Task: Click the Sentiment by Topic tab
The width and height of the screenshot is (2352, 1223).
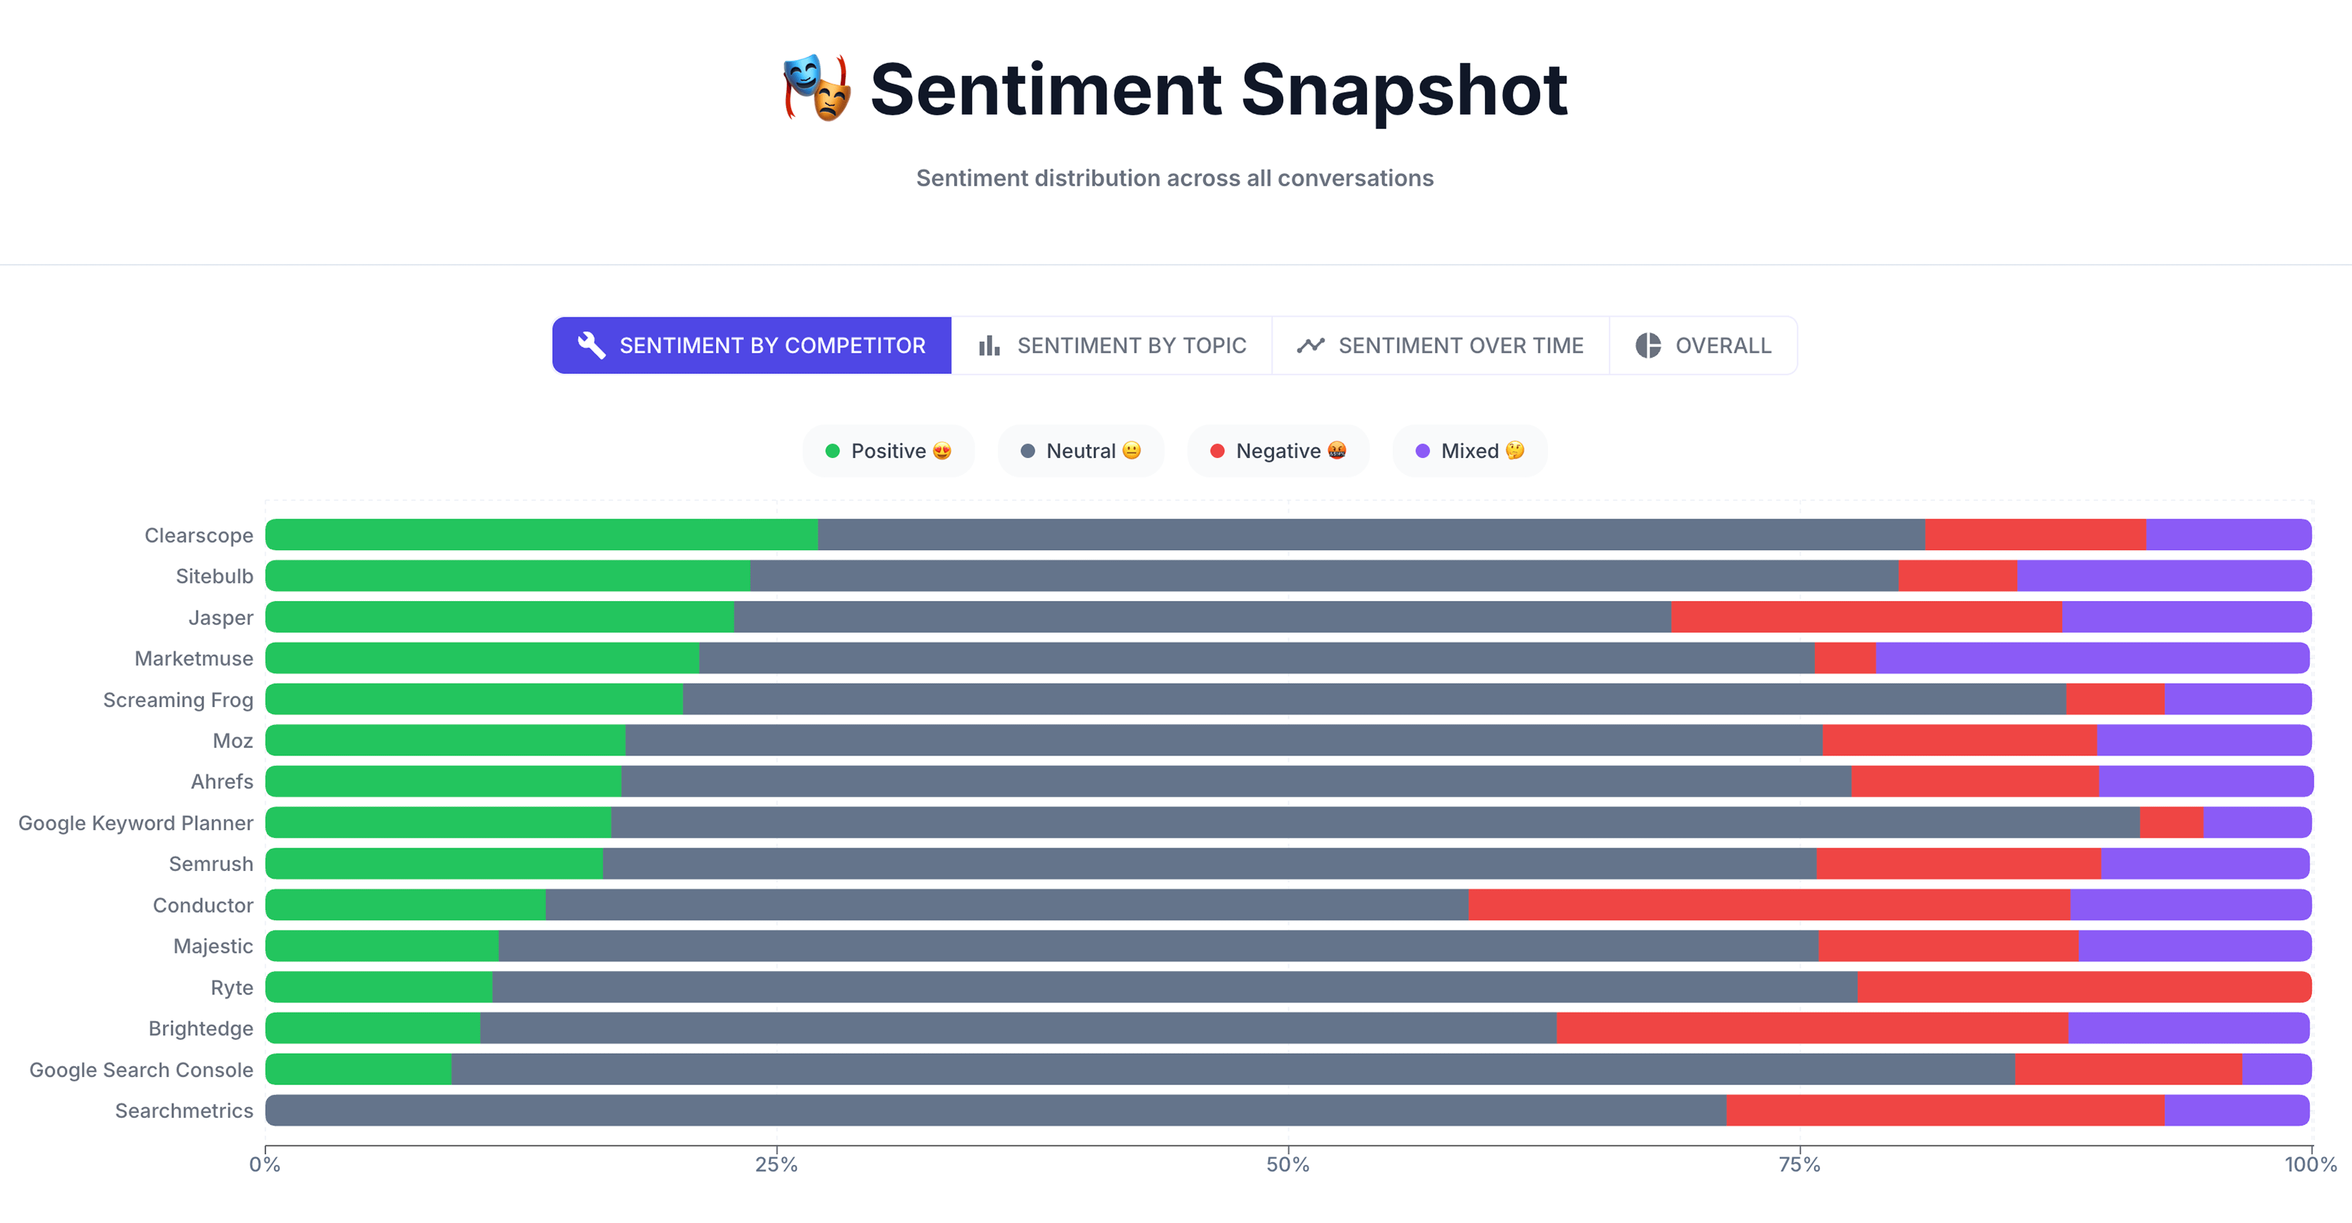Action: [1111, 346]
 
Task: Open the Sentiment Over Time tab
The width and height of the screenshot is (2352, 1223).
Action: [1440, 346]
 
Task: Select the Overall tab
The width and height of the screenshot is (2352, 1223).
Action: [1703, 346]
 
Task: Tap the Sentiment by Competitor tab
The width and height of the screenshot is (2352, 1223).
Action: [751, 346]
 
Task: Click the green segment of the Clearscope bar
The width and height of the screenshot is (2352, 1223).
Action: [541, 535]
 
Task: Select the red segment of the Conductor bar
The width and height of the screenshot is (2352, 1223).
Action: [1768, 904]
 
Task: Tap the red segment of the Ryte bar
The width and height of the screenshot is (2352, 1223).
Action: [2084, 987]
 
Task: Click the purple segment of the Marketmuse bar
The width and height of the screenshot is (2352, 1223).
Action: [2093, 658]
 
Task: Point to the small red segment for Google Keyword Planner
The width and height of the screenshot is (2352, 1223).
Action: [2170, 822]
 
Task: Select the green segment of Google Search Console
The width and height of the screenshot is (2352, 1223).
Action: [358, 1069]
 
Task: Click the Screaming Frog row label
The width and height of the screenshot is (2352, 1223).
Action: [178, 700]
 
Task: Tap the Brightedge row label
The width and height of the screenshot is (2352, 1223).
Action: [201, 1028]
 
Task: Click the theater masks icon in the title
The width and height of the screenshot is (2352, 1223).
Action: [817, 89]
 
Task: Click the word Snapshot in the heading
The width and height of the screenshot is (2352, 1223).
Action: [1403, 89]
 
